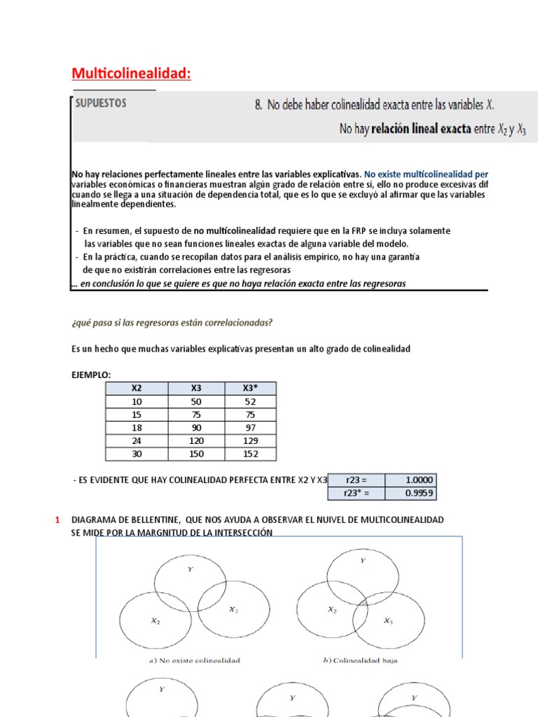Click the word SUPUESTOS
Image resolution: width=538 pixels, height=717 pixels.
[x=102, y=102]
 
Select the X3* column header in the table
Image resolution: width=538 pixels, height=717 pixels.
[x=250, y=389]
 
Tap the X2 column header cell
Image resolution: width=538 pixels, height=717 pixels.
[x=137, y=389]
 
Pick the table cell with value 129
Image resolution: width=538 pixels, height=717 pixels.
[x=250, y=441]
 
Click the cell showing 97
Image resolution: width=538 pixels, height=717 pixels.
[x=250, y=428]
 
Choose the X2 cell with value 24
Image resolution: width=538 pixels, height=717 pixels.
[x=137, y=441]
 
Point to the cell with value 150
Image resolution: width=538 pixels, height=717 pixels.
[x=197, y=454]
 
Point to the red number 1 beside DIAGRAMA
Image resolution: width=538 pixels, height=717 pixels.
[x=57, y=520]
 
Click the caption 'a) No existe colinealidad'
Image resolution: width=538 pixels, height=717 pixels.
[x=194, y=660]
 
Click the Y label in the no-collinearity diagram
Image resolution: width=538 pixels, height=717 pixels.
[x=190, y=569]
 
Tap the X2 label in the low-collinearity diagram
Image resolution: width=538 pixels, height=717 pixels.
[x=332, y=610]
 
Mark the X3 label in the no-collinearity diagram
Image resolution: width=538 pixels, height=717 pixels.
[x=233, y=610]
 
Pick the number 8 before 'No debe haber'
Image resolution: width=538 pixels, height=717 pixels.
[x=258, y=105]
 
